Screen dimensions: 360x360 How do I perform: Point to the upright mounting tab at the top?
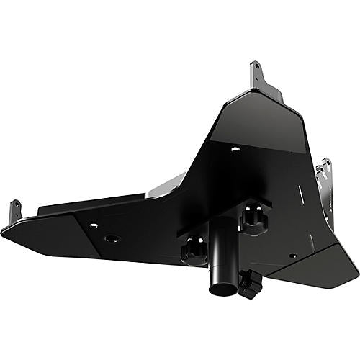pyautogui.click(x=257, y=72)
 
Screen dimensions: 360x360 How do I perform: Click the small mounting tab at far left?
pyautogui.click(x=14, y=212)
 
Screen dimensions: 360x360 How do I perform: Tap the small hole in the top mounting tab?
pyautogui.click(x=254, y=69)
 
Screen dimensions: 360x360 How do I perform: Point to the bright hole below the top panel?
pyautogui.click(x=235, y=149)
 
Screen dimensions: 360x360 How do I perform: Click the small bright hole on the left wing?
pyautogui.click(x=93, y=225)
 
